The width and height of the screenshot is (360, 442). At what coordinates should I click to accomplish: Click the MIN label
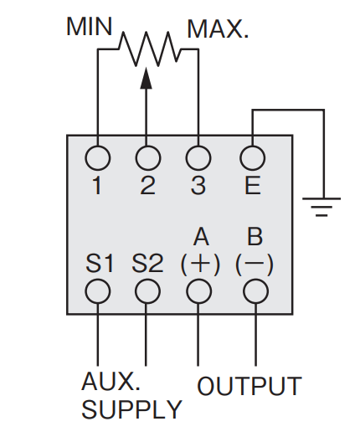point(90,27)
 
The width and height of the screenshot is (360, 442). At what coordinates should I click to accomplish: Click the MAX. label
point(218,29)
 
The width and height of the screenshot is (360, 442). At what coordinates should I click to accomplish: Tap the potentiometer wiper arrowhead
point(146,78)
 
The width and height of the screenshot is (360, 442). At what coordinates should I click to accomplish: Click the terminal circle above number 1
point(98,158)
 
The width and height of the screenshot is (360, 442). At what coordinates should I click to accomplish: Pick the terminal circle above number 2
point(148,158)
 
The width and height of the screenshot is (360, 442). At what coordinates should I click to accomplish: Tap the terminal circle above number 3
point(198,158)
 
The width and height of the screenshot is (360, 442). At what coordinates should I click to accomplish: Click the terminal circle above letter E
point(253,158)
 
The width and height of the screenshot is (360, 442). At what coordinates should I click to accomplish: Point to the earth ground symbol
point(321,207)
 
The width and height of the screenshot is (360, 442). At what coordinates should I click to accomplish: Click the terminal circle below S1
point(98,291)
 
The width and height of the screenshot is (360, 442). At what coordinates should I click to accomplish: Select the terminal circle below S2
point(147,291)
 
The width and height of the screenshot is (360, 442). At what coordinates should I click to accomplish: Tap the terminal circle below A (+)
point(198,291)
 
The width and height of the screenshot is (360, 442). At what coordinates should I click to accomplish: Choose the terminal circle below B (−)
point(255,291)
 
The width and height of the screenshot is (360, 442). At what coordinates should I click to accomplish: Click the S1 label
point(100,264)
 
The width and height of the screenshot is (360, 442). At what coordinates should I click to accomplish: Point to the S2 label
point(147,264)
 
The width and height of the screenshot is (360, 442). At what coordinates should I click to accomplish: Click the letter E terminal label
point(253,186)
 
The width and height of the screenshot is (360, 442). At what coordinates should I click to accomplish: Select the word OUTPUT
point(249,386)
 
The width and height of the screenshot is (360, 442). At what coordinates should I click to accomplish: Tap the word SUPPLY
point(131,409)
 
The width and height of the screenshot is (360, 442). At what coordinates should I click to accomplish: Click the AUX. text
point(111,381)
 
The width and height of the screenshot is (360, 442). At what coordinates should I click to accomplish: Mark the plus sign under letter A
point(200,264)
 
